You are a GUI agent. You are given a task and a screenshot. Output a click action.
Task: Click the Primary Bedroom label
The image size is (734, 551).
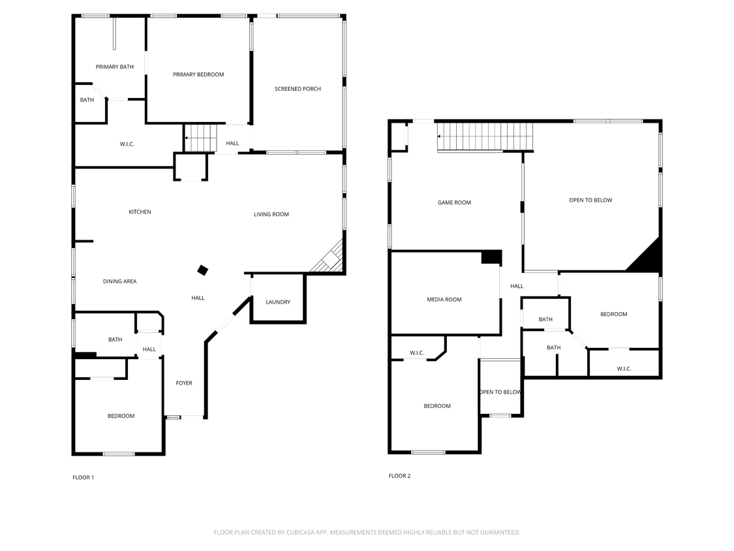pyautogui.click(x=198, y=74)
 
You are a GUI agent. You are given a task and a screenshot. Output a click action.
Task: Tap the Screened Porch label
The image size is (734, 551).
pyautogui.click(x=298, y=89)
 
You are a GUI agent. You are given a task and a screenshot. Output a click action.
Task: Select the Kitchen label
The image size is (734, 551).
pyautogui.click(x=140, y=212)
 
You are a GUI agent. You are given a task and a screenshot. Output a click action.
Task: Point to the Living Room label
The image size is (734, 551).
pyautogui.click(x=271, y=214)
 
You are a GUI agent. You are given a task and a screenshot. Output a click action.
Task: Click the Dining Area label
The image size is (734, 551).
pyautogui.click(x=119, y=281)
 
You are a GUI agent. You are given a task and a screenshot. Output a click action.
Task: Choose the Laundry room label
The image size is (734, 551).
pyautogui.click(x=278, y=302)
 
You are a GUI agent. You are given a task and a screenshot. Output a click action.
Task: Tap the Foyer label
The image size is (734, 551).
pyautogui.click(x=184, y=383)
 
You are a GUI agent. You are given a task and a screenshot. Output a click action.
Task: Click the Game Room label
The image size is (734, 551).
pyautogui.click(x=454, y=202)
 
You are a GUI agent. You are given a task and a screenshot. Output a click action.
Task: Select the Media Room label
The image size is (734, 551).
pyautogui.click(x=444, y=300)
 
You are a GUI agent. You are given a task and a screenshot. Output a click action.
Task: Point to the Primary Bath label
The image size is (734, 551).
pyautogui.click(x=115, y=67)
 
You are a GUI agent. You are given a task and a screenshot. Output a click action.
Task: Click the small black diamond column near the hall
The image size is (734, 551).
pyautogui.click(x=203, y=270)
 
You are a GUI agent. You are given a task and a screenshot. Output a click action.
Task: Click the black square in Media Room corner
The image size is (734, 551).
pyautogui.click(x=491, y=257)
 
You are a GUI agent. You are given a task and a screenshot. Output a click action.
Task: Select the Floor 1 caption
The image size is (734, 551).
pyautogui.click(x=83, y=478)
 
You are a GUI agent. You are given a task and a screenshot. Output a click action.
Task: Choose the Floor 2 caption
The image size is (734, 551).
pyautogui.click(x=399, y=476)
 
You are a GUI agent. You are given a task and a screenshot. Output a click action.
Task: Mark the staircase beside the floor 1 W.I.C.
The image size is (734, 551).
pyautogui.click(x=200, y=138)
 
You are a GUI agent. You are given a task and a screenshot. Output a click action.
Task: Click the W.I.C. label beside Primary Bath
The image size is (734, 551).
pyautogui.click(x=127, y=144)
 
